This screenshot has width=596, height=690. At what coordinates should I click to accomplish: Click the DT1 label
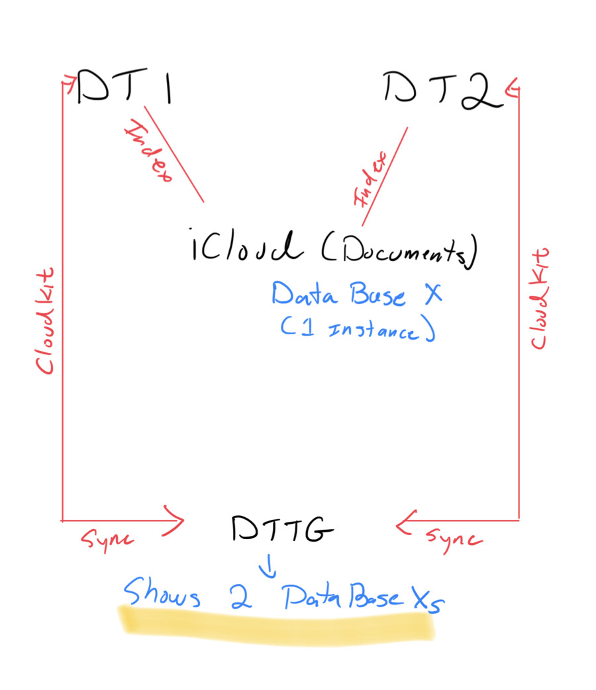pos(124,88)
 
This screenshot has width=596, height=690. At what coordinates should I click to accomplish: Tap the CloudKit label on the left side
pos(45,321)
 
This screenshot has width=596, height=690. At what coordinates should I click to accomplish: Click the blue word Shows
pos(162,594)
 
